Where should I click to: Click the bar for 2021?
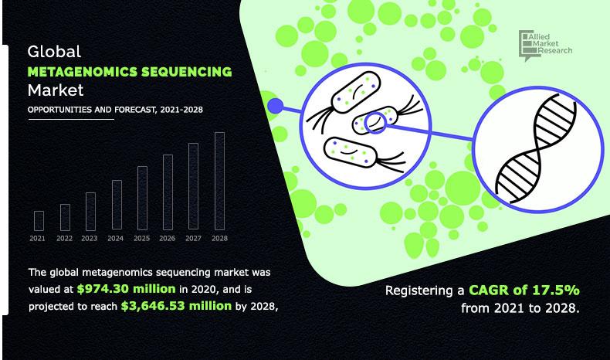[39, 221]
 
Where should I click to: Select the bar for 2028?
[219, 182]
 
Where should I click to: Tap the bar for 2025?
[141, 199]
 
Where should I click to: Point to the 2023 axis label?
[90, 239]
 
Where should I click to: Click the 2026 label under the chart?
[168, 239]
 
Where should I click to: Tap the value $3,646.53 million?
[176, 306]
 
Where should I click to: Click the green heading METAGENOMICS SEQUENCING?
[129, 72]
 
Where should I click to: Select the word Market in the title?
[55, 91]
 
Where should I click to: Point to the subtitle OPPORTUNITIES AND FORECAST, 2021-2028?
[115, 110]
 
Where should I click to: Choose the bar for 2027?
[193, 187]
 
